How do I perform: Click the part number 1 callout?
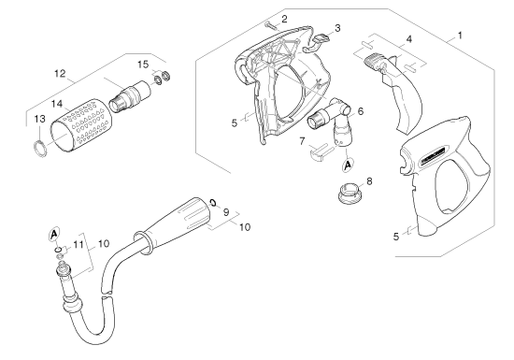460,36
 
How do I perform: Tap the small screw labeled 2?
271,25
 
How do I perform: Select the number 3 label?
337,28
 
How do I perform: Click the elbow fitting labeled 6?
332,119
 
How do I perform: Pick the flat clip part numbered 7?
319,153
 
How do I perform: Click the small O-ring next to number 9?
212,202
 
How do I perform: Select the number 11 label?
79,244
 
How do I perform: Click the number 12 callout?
60,74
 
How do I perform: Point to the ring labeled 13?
40,149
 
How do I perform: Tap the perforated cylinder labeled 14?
80,125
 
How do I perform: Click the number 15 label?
143,65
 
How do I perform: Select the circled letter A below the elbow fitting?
348,165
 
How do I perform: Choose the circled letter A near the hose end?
54,234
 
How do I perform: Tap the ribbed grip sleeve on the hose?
174,223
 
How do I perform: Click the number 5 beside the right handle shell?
396,236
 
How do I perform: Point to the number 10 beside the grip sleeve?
245,227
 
